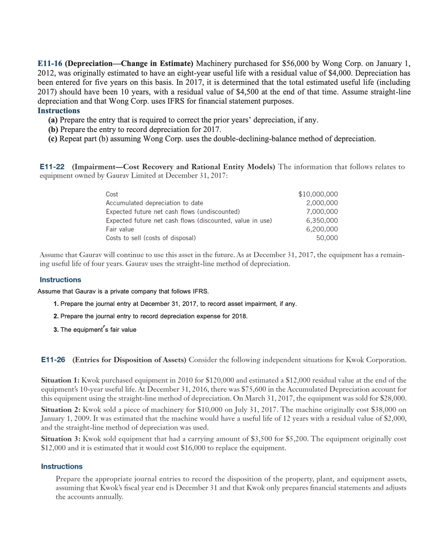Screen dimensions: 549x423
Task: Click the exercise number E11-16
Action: point(50,64)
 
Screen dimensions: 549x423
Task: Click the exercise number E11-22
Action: point(52,167)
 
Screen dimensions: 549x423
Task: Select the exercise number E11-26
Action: point(53,360)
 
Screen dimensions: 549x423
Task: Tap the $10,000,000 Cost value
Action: point(318,194)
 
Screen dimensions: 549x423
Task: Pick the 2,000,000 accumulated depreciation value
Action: point(322,203)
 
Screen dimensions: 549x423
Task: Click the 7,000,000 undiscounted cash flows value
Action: point(322,212)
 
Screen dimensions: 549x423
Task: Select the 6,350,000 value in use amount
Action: point(322,220)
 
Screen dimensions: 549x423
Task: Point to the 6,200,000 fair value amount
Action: point(322,229)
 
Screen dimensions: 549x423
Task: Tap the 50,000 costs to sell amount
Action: point(327,238)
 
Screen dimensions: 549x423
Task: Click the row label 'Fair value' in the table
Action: point(120,229)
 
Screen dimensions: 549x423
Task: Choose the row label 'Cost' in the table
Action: point(112,194)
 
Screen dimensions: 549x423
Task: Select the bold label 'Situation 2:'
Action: point(61,410)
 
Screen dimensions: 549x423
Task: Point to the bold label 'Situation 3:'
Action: point(61,439)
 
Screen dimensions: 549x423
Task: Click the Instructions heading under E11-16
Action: point(59,111)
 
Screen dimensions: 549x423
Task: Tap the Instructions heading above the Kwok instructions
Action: point(62,467)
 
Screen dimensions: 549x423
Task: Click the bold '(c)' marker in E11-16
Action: point(52,139)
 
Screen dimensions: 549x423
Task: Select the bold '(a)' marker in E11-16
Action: point(53,120)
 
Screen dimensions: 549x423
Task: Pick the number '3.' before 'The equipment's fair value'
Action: point(56,330)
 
